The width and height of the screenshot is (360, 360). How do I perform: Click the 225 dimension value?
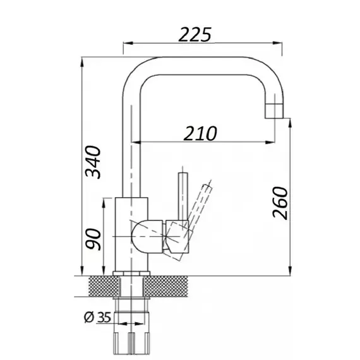pos(195,35)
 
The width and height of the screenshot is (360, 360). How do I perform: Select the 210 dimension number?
pos(200,133)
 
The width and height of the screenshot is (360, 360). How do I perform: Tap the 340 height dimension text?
pos(93,162)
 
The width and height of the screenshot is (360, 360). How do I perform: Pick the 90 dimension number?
pos(93,239)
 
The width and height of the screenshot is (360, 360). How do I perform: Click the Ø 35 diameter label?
pos(97,317)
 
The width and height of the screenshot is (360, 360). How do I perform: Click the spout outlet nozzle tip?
pos(274,111)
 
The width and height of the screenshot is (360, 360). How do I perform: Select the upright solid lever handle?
pos(183,197)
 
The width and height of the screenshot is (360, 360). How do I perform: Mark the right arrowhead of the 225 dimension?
pos(277,43)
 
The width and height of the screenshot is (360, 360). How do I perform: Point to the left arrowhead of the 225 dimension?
pos(128,43)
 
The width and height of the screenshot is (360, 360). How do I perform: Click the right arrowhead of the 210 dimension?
pos(270,142)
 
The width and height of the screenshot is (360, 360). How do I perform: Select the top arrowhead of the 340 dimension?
pos(82,61)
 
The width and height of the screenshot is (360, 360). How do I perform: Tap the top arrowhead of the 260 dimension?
pos(290,123)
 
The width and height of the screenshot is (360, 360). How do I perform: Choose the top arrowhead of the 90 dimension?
pos(104,203)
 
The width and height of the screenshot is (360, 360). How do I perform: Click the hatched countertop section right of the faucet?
pos(166,286)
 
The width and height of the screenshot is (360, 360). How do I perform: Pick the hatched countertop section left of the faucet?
pos(104,286)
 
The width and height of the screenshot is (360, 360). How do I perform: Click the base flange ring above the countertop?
pos(131,273)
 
